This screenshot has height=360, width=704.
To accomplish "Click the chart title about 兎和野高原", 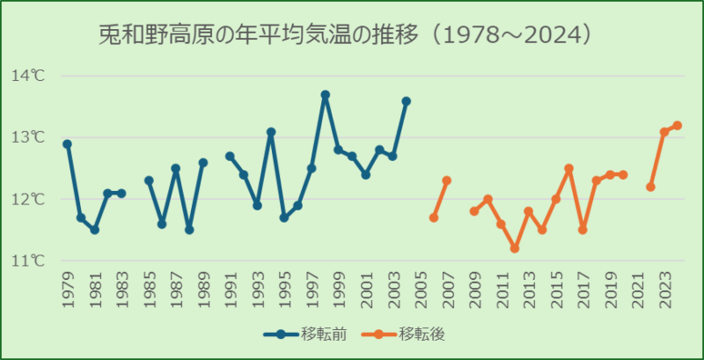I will (x=343, y=36).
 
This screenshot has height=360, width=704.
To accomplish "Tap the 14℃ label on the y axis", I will (x=28, y=76).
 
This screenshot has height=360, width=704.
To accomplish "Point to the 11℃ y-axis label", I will (x=28, y=261).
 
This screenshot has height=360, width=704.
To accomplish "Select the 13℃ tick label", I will (x=28, y=137).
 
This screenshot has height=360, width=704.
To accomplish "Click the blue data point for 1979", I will (x=67, y=143).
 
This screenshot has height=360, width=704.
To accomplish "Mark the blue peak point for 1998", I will (x=325, y=94).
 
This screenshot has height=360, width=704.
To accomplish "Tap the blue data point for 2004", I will (x=406, y=100).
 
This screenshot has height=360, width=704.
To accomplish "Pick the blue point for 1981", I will (x=94, y=230).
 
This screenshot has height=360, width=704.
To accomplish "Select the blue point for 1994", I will (x=270, y=132).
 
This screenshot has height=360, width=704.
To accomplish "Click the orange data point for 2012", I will (x=515, y=248).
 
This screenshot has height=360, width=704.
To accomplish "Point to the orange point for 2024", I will (x=678, y=125).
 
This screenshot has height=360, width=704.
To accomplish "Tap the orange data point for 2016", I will (x=568, y=168).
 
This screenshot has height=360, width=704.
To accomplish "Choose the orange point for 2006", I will (x=433, y=217).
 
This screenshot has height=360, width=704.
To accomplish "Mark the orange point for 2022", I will (x=650, y=187).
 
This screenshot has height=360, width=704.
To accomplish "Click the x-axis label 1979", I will (x=68, y=290).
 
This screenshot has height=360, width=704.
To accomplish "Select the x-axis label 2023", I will (x=664, y=290).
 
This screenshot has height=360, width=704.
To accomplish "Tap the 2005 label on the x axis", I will (x=420, y=290).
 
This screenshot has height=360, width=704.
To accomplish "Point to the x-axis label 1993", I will (x=257, y=290).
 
